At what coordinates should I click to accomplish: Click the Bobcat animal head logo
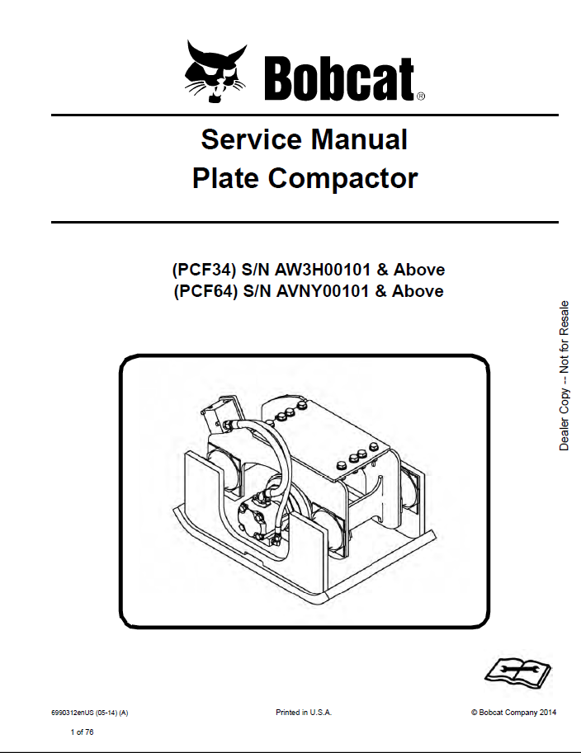point(215,71)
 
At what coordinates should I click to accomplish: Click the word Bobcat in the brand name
point(338,78)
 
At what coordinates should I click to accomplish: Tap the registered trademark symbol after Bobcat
point(421,96)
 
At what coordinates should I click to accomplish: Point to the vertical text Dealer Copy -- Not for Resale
point(564,375)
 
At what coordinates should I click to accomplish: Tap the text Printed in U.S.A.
point(303,712)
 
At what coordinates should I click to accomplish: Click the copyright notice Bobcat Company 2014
point(513,712)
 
